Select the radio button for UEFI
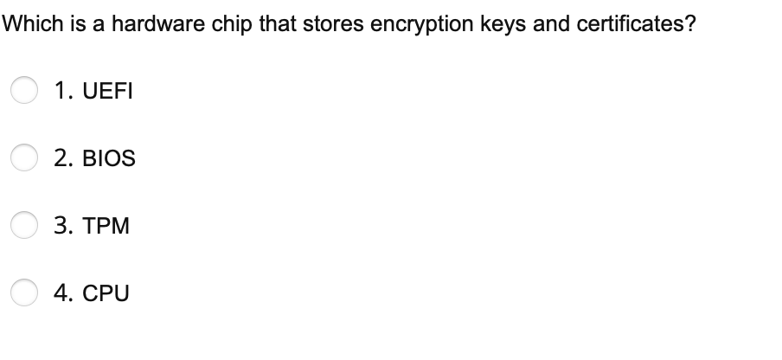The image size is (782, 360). pos(24,90)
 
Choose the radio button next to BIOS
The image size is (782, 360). pos(24,158)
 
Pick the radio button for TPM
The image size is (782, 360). pos(24,226)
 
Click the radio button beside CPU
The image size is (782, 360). pos(24,293)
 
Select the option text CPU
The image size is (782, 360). pos(105,293)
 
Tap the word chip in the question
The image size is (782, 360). pos(211,24)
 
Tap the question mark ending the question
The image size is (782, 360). pos(689,24)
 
